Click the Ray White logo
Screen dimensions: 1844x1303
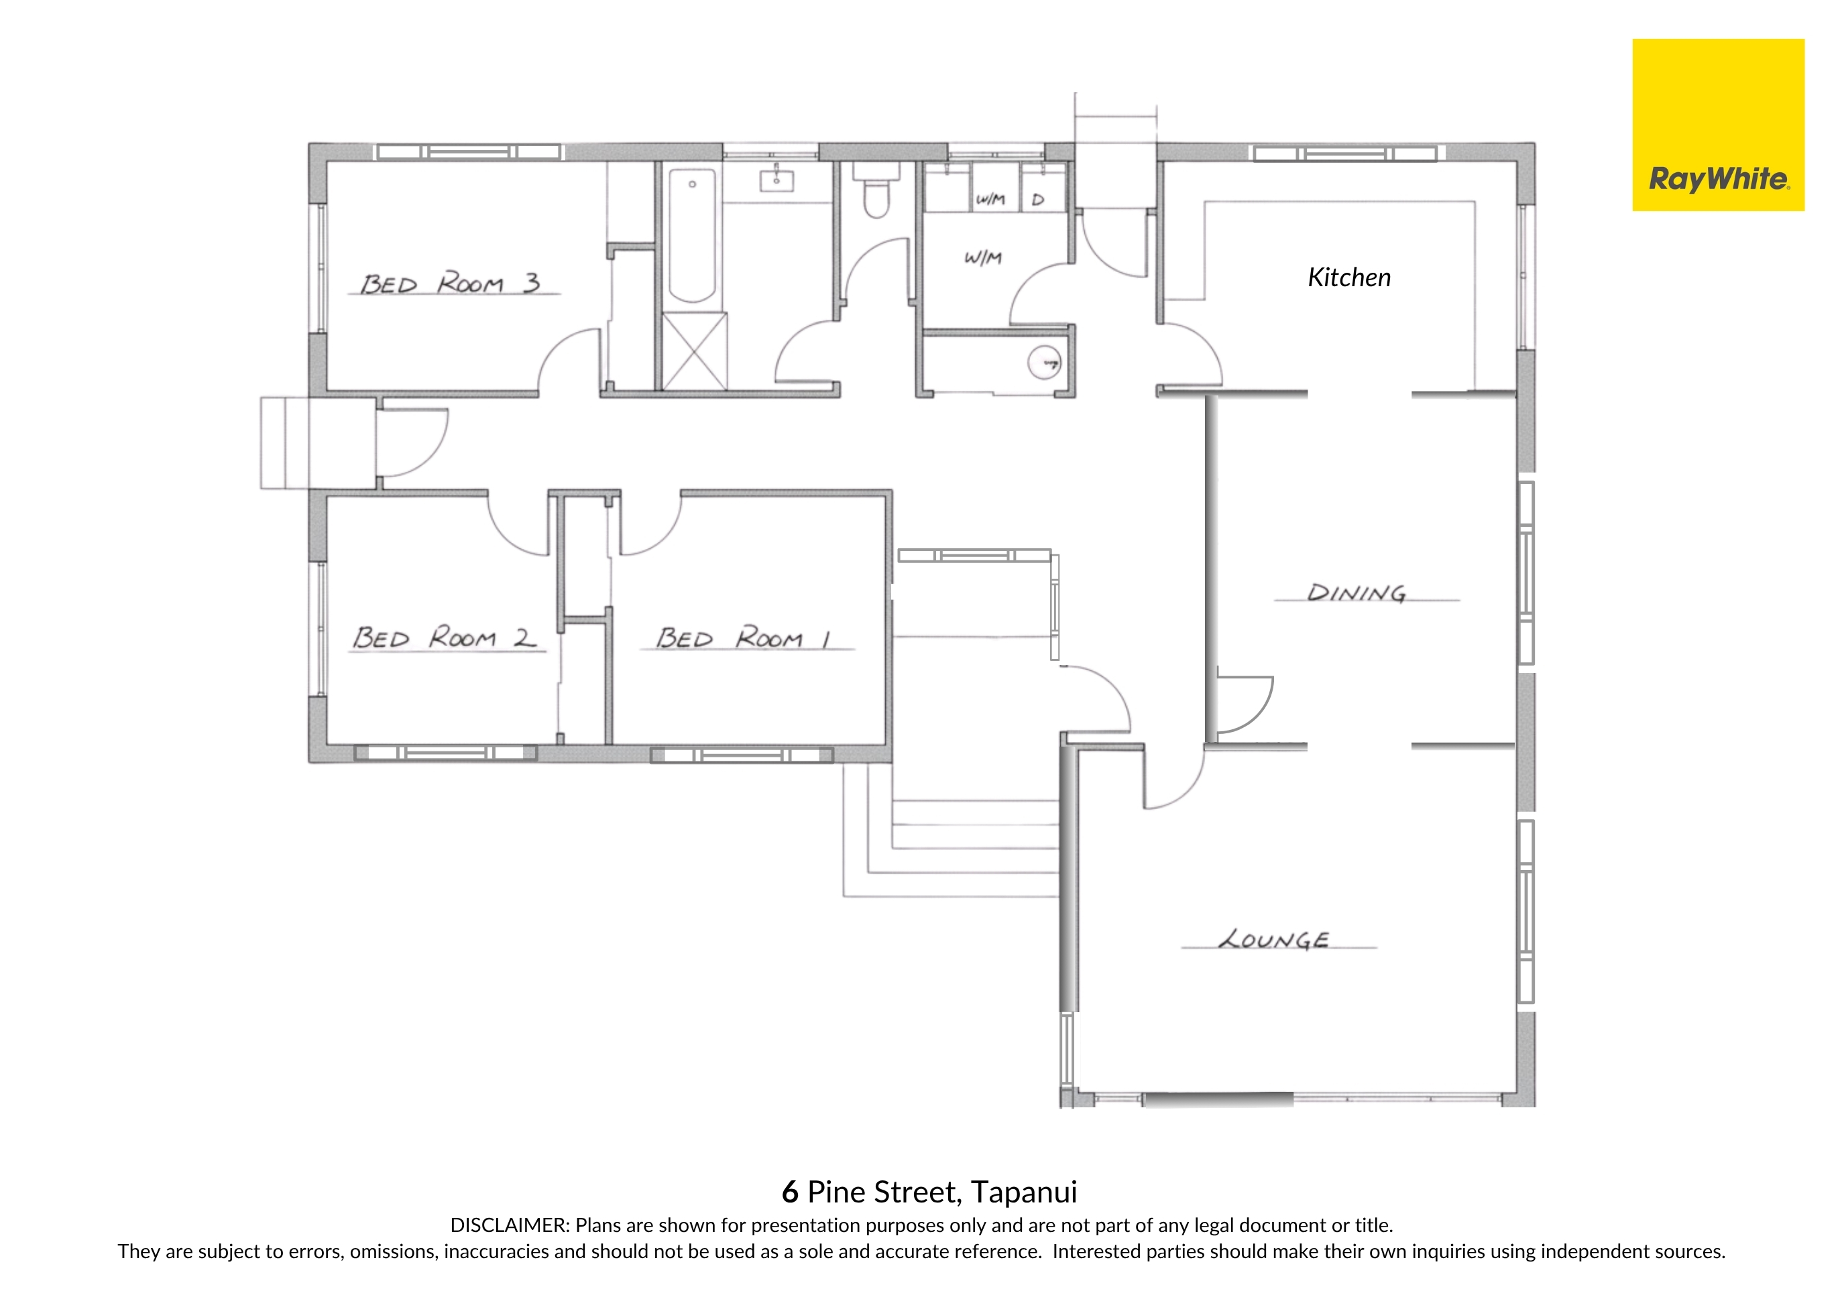coord(1718,125)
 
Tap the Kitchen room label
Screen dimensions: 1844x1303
coord(1349,277)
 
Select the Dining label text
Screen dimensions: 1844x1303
coord(1357,593)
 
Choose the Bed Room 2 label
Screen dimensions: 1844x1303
coord(444,637)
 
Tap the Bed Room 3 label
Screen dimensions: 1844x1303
coord(450,284)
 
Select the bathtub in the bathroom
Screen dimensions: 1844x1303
coord(691,236)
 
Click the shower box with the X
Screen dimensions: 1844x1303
coord(694,352)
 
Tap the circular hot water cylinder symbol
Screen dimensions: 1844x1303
coord(1045,362)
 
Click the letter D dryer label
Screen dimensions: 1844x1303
coord(1037,199)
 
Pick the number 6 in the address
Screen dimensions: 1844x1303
coord(791,1192)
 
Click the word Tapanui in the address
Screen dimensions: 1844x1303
coord(1024,1193)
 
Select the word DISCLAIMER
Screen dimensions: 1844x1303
coord(509,1225)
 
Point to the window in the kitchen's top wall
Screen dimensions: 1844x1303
coord(1345,153)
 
